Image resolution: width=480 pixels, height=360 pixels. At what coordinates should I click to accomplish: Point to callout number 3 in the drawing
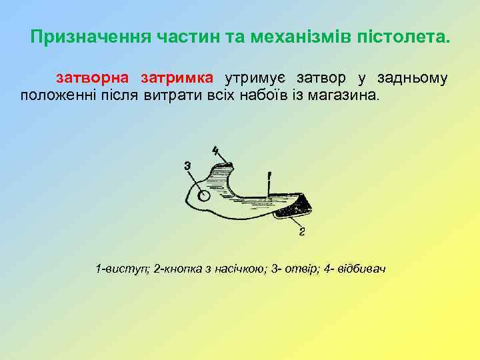coord(187,165)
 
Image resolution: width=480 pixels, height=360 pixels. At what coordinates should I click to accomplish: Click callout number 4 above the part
coord(215,150)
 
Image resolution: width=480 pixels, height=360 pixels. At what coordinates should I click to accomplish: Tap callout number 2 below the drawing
coord(302,232)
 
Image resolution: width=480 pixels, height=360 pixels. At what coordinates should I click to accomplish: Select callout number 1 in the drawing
coord(269,177)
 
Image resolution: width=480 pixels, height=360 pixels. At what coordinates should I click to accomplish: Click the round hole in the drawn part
coord(205,197)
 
